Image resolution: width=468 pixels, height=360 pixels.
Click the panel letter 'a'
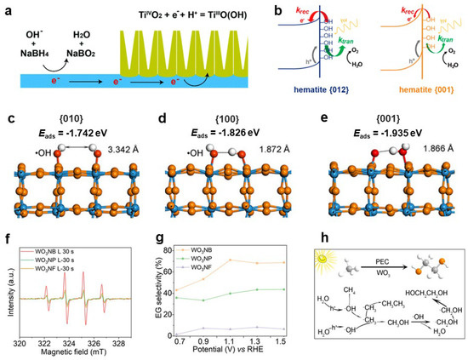click(x=7, y=7)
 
